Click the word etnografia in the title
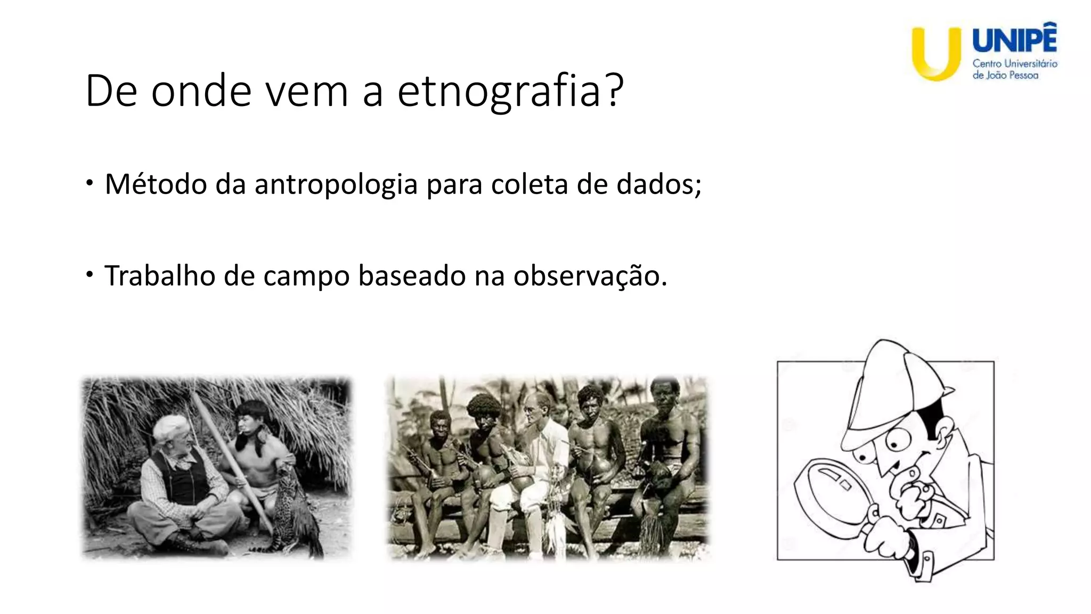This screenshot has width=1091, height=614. click(x=500, y=92)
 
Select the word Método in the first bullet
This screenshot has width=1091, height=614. click(x=156, y=184)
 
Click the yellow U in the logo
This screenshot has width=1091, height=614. click(x=936, y=53)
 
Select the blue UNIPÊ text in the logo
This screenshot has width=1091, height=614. click(x=1014, y=41)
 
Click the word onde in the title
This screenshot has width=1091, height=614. click(x=201, y=92)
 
